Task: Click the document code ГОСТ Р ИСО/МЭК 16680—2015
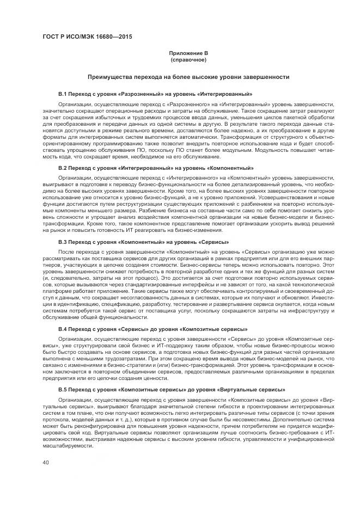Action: (x=87, y=37)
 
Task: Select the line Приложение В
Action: (x=187, y=53)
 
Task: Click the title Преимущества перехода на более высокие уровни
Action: (x=187, y=77)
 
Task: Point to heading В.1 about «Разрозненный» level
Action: (x=155, y=94)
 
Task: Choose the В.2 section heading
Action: (x=156, y=169)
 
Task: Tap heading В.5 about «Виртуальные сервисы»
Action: (x=172, y=390)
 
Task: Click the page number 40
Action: (x=46, y=463)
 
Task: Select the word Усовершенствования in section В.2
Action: (x=278, y=197)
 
